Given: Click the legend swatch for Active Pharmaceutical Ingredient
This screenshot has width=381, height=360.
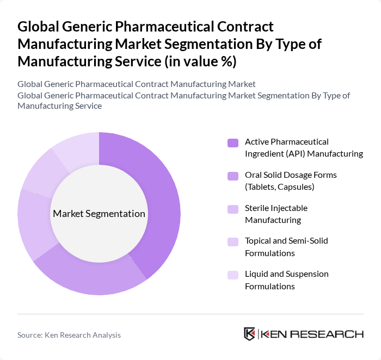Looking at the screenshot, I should [233, 143].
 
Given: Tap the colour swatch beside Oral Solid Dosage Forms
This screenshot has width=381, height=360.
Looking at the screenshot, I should [233, 176].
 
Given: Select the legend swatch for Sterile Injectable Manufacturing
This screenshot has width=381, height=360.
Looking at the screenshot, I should [233, 209].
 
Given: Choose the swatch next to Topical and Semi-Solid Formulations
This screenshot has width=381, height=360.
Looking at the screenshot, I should [233, 242].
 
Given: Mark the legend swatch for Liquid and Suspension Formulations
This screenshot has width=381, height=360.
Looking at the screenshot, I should [233, 275].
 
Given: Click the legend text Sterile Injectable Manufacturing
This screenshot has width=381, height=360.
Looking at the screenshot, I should [276, 214].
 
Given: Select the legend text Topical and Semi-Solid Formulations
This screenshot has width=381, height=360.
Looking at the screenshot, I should [286, 247].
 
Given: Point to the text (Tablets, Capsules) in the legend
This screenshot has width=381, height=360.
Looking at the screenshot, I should [280, 187].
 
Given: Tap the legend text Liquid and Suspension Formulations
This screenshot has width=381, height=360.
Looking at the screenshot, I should [286, 280].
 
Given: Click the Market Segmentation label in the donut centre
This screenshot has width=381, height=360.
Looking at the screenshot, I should [99, 214].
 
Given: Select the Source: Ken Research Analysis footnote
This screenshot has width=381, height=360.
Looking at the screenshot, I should [69, 335].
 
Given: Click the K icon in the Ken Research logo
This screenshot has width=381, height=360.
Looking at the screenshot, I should [250, 334].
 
